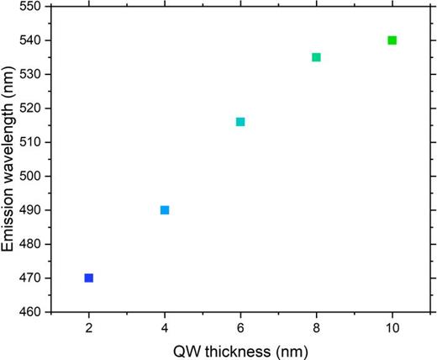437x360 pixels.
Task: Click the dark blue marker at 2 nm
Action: pyautogui.click(x=89, y=278)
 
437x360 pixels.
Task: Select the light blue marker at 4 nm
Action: pyautogui.click(x=165, y=210)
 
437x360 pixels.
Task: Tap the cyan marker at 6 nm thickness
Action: pyautogui.click(x=240, y=122)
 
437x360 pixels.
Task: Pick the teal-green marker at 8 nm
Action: pyautogui.click(x=316, y=57)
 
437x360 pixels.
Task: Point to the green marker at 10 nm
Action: pyautogui.click(x=392, y=40)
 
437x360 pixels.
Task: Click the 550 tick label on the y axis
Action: pyautogui.click(x=34, y=7)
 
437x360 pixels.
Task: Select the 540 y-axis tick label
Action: pyautogui.click(x=34, y=40)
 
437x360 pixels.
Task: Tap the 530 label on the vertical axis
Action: pyautogui.click(x=34, y=75)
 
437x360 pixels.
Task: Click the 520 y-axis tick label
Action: pyautogui.click(x=34, y=109)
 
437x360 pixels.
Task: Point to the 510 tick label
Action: pyautogui.click(x=34, y=142)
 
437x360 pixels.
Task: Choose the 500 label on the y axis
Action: pyautogui.click(x=34, y=177)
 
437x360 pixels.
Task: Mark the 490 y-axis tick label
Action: pyautogui.click(x=34, y=210)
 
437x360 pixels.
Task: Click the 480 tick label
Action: pyautogui.click(x=34, y=244)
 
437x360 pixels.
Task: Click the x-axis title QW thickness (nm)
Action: pyautogui.click(x=240, y=349)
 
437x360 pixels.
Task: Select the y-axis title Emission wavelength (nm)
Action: pyautogui.click(x=10, y=160)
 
